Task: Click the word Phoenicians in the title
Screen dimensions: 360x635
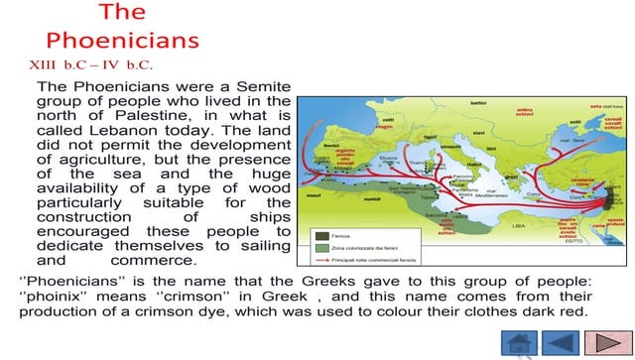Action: point(123,41)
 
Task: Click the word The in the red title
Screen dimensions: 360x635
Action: point(123,12)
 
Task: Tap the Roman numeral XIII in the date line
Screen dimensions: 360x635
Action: point(51,65)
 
